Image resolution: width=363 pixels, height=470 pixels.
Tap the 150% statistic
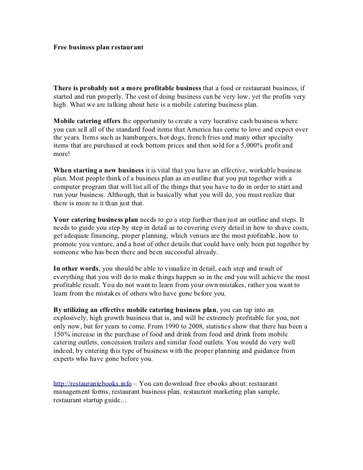[x=62, y=334]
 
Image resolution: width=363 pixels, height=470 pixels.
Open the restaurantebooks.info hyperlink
[x=93, y=384]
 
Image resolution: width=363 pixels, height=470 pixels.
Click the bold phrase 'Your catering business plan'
[x=96, y=219]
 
